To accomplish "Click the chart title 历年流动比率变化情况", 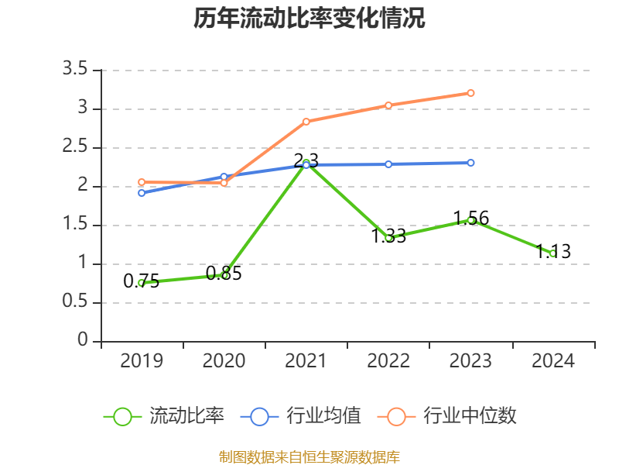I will coord(309,18).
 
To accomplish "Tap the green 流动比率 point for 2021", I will coord(306,164).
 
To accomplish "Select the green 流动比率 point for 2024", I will coord(552,253).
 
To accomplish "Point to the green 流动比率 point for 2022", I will coord(388,238).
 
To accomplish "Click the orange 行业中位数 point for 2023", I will coord(470,93).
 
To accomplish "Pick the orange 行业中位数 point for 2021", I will coord(306,122).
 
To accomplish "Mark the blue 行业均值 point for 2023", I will coord(470,163).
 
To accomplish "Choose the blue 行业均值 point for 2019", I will coord(142,192).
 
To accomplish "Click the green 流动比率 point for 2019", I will coord(142,283).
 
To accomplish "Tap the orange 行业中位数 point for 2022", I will coord(388,105).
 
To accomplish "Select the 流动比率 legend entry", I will coord(164,416).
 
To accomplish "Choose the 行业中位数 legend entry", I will coord(447,416).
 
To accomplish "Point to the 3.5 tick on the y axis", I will coord(77,70).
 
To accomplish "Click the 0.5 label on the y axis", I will coord(77,302).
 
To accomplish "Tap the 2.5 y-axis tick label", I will coord(77,147).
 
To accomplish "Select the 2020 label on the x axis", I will coord(224,361).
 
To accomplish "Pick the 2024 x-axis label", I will coord(552,361).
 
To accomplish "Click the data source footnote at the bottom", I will coord(309,456).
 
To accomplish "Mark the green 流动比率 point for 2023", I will coord(470,221).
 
